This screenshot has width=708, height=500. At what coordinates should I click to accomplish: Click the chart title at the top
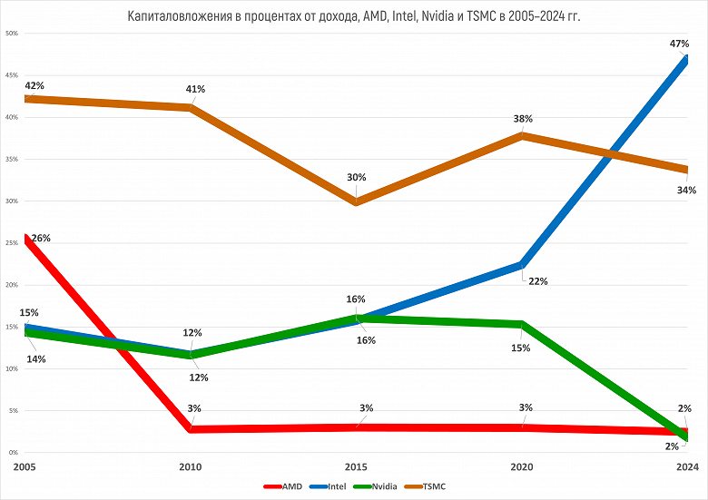click(354, 15)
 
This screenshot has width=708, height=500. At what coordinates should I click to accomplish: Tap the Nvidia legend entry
click(383, 487)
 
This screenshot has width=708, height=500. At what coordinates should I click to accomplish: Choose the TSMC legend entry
click(433, 487)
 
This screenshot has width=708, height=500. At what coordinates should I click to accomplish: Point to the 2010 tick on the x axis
click(191, 466)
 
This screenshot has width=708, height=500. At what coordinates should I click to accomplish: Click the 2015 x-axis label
click(357, 466)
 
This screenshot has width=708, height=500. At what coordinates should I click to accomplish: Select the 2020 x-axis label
click(523, 466)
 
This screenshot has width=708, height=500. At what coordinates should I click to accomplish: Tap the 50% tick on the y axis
click(12, 34)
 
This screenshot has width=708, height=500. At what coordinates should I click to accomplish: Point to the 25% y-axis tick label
click(12, 243)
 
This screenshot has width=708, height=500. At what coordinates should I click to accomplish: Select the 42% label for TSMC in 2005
click(34, 86)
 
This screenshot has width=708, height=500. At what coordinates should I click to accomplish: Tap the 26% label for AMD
click(41, 239)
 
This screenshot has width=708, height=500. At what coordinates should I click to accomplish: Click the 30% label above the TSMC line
click(356, 178)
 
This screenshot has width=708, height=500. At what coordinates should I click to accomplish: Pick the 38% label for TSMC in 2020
click(523, 119)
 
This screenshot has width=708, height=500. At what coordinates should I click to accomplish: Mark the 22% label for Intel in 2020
click(537, 281)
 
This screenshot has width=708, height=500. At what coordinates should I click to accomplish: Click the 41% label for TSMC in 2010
click(196, 90)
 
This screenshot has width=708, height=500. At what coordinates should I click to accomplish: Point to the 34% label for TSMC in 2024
click(686, 191)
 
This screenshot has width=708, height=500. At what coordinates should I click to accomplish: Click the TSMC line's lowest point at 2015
click(357, 202)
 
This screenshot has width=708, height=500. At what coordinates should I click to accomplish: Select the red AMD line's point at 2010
click(191, 428)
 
